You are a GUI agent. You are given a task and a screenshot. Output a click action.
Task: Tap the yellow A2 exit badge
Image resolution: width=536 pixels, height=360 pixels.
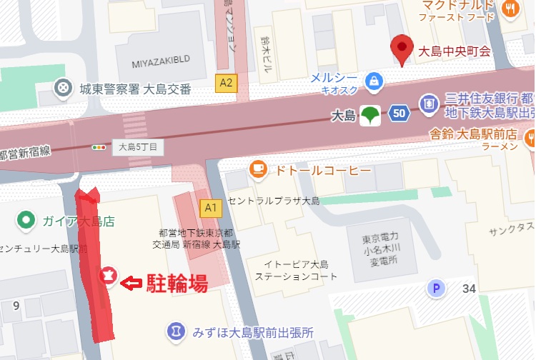tap(227, 83)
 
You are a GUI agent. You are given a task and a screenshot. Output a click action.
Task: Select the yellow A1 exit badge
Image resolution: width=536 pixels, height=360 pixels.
tap(210, 208)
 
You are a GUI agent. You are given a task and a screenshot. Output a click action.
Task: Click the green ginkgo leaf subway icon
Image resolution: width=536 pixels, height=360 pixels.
tap(370, 114)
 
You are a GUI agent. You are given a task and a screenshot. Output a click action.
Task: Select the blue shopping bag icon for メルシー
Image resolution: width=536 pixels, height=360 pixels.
tap(373, 81)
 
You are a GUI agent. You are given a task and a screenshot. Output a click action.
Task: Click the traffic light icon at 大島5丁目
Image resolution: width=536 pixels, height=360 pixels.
tap(98, 148)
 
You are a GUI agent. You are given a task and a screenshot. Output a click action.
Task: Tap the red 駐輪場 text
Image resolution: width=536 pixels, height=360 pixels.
tap(177, 284)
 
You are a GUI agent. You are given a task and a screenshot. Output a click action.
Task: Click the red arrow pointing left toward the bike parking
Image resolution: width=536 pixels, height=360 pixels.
tap(130, 284)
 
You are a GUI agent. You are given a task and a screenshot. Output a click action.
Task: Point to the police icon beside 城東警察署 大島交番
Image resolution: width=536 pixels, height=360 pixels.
tap(64, 88)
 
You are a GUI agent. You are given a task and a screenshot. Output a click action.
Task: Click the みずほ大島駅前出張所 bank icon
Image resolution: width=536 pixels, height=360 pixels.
tap(175, 331)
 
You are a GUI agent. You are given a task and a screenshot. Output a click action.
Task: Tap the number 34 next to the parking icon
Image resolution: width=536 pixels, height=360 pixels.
tap(469, 289)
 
